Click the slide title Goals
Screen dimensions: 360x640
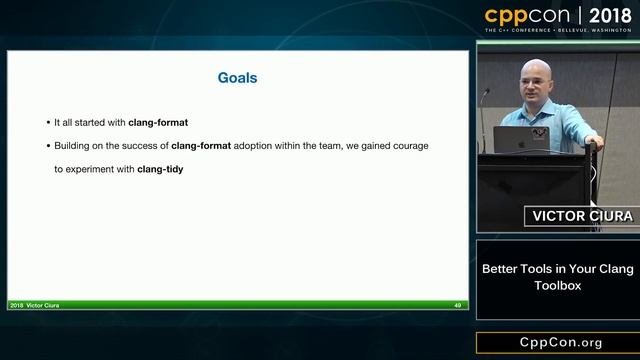(238, 76)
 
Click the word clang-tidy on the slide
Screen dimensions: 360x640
(160, 169)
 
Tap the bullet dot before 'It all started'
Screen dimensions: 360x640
(48, 123)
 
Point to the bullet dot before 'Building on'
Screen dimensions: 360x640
(48, 146)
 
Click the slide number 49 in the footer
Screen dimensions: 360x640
(458, 305)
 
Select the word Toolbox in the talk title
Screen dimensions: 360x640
(557, 285)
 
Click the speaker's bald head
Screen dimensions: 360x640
(537, 74)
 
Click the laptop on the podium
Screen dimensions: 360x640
(521, 138)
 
